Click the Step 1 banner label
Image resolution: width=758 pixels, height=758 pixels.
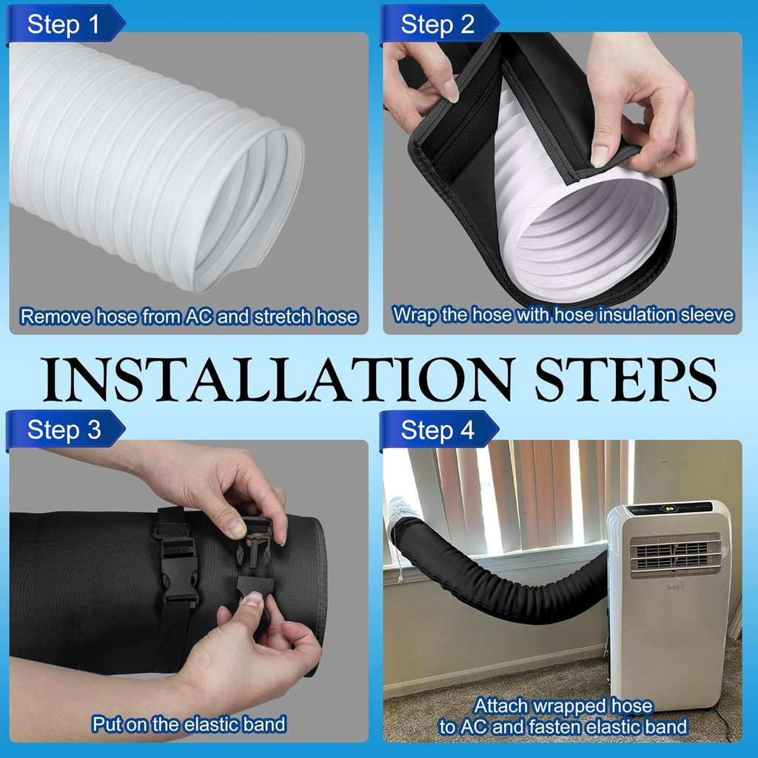[63, 24]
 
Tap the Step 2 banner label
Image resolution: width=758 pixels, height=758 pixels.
[437, 24]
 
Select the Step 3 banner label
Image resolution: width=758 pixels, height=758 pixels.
[63, 429]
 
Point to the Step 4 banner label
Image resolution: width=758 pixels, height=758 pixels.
[437, 430]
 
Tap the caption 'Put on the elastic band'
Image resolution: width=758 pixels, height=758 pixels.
[189, 723]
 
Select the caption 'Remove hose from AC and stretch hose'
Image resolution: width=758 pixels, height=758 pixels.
[189, 317]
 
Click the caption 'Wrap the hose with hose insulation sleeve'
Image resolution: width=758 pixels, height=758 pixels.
[563, 315]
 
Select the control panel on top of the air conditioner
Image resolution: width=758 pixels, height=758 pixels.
[670, 509]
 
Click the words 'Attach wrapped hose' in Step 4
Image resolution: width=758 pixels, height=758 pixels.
[563, 705]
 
